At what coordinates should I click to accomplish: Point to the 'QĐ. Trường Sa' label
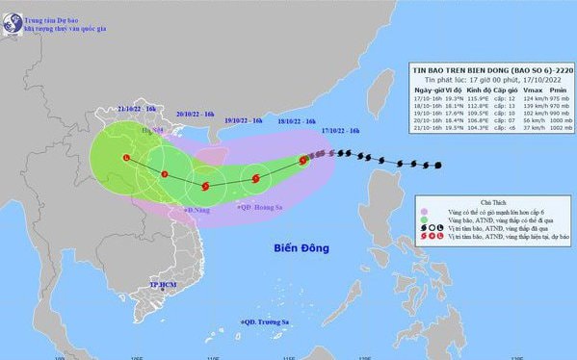pyautogui.click(x=266, y=321)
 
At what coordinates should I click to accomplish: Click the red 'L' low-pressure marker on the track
pyautogui.click(x=126, y=158)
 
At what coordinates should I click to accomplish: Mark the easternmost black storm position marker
pyautogui.click(x=438, y=167)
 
